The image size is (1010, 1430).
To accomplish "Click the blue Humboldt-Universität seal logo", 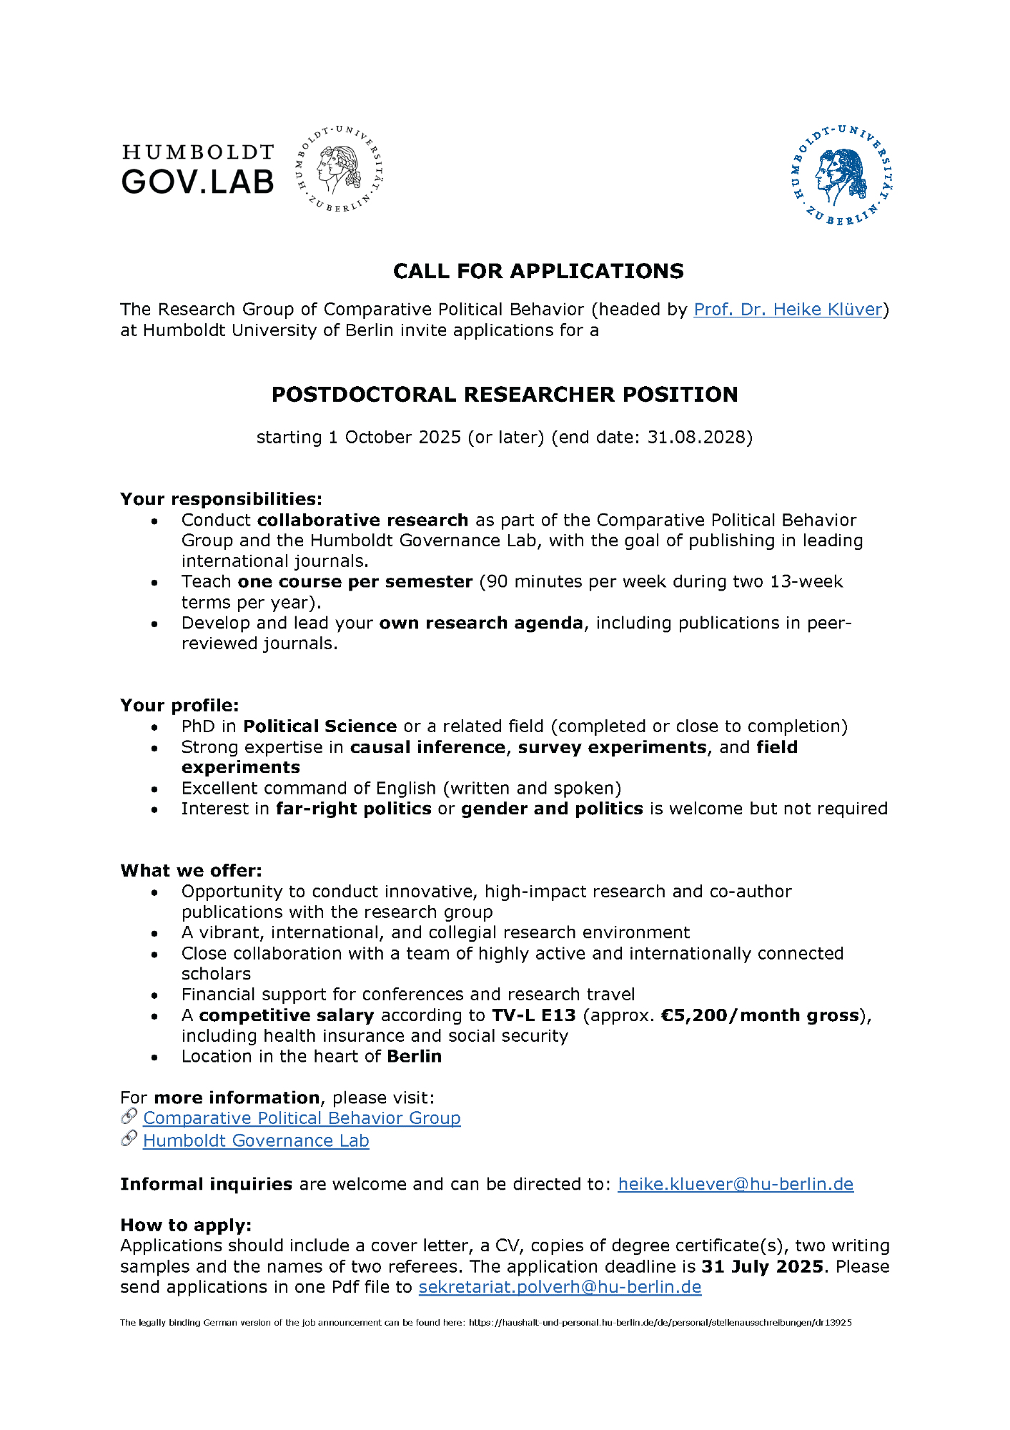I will [x=842, y=175].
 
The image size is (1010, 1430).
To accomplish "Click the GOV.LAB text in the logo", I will [x=197, y=182].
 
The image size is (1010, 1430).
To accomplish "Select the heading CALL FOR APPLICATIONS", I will [x=538, y=271].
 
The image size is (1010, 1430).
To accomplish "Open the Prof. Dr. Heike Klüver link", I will [x=788, y=310].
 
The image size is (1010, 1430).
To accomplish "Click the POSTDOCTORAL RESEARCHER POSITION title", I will [x=505, y=395].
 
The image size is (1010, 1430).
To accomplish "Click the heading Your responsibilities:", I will [x=221, y=498].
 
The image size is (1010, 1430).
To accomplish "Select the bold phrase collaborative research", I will [x=362, y=520].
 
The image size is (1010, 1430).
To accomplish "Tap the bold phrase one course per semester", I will [x=355, y=581].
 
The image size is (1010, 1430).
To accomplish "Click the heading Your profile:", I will [x=179, y=705].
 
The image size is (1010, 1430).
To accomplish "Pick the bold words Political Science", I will [x=320, y=726].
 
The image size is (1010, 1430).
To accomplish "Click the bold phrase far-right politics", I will [x=354, y=809].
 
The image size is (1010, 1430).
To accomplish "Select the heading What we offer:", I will [x=191, y=870].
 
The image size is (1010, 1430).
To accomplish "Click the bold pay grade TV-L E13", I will [x=533, y=1015].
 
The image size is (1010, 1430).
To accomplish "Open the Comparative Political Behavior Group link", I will [x=302, y=1118].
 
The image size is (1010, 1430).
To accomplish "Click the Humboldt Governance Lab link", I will [x=256, y=1141].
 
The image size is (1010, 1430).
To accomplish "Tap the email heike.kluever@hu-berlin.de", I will [x=736, y=1184].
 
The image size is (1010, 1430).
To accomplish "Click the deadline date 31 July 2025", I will [x=763, y=1266].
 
